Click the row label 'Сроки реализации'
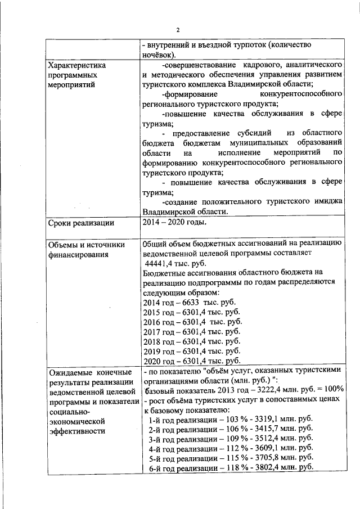pyautogui.click(x=80, y=223)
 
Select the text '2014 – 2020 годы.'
pyautogui.click(x=175, y=222)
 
